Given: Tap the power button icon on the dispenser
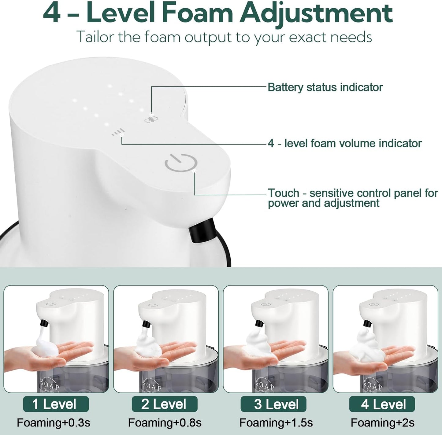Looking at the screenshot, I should pyautogui.click(x=180, y=163).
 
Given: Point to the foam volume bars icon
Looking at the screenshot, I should pyautogui.click(x=118, y=132).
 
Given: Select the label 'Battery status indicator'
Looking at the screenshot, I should pyautogui.click(x=325, y=87).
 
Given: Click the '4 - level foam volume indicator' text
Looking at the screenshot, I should pyautogui.click(x=344, y=143).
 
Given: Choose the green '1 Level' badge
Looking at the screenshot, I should pyautogui.click(x=56, y=404).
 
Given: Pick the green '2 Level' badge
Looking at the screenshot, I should pyautogui.click(x=165, y=404).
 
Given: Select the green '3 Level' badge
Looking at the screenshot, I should pyautogui.click(x=273, y=404).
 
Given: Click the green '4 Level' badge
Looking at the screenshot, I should pyautogui.click(x=382, y=404).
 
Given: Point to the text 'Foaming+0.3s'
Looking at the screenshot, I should pyautogui.click(x=53, y=423).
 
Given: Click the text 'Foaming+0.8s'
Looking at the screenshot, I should pyautogui.click(x=165, y=423).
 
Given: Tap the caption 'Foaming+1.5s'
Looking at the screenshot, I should pyautogui.click(x=276, y=423).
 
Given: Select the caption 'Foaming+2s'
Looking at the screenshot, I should pyautogui.click(x=382, y=423).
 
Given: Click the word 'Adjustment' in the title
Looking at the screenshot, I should pyautogui.click(x=316, y=13).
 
